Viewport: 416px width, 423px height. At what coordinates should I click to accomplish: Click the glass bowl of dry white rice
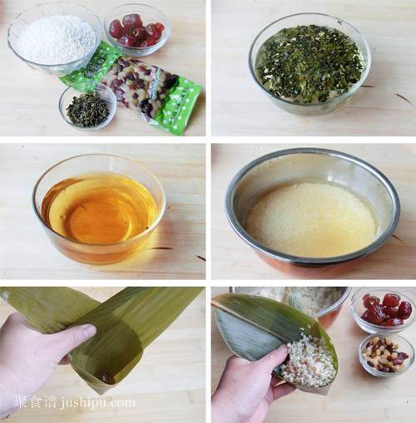[x=54, y=37]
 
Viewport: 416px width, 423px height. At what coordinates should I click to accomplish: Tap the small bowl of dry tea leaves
[x=87, y=107]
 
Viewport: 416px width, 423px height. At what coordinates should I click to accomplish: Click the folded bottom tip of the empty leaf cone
[x=104, y=378]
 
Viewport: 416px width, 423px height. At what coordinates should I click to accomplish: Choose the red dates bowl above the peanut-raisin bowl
[x=383, y=309]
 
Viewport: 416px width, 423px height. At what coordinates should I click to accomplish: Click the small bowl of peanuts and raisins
[x=385, y=354]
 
